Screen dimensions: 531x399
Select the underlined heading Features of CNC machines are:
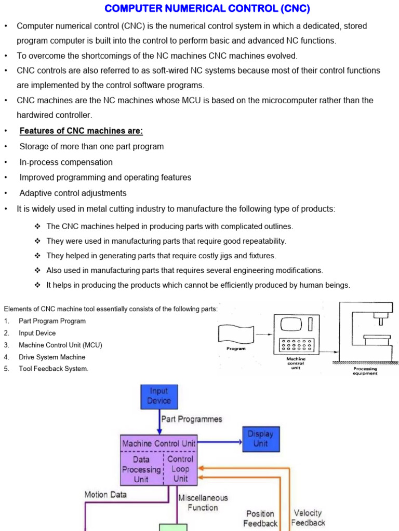[x=81, y=131]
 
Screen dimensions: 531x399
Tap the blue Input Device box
[x=159, y=396]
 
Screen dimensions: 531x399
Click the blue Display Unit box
[x=260, y=438]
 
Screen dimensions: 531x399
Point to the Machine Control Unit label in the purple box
[x=158, y=443]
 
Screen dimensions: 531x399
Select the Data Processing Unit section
[x=141, y=469]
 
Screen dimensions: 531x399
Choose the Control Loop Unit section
[x=180, y=469]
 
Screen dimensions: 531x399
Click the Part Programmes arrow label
[x=192, y=419]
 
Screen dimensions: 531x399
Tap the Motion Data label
[x=105, y=495]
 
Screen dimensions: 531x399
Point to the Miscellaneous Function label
[x=203, y=502]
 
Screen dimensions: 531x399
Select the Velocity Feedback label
[x=308, y=518]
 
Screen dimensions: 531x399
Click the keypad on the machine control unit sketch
[x=296, y=345]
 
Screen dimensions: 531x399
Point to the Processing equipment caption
[x=365, y=371]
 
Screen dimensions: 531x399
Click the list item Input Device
[x=37, y=333]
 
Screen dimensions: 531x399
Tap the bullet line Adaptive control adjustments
[x=73, y=193]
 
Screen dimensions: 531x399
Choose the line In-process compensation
[x=66, y=162]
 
